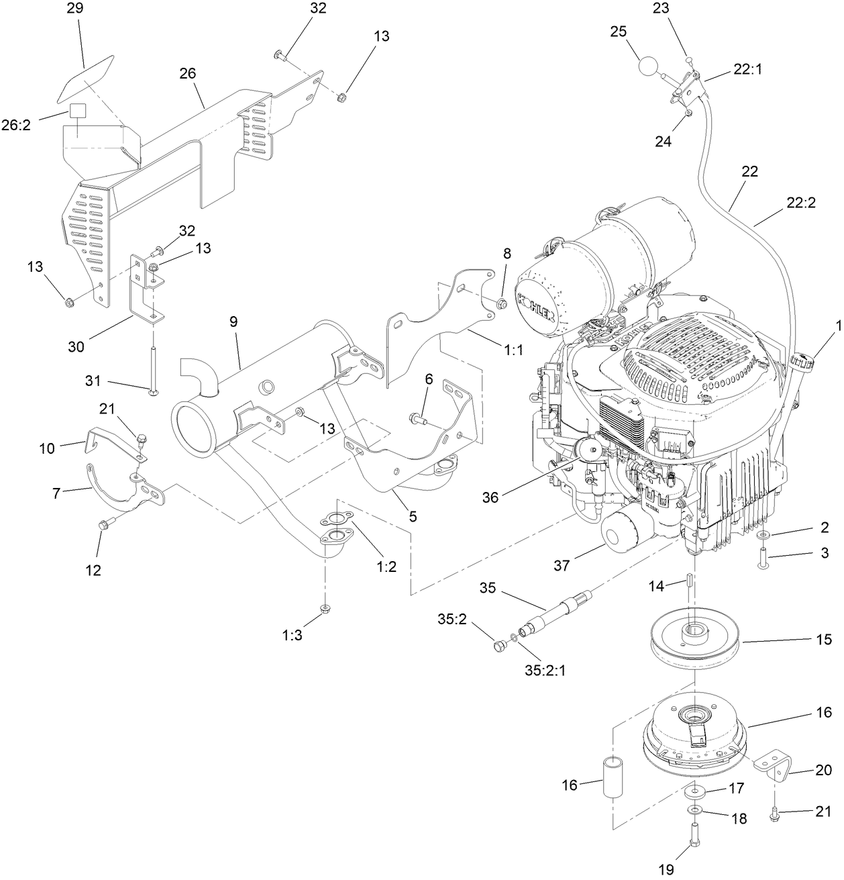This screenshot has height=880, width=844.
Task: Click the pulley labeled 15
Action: click(x=694, y=640)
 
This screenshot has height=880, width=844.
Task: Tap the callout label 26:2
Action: click(x=25, y=125)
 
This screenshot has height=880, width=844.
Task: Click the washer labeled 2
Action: click(x=765, y=535)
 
